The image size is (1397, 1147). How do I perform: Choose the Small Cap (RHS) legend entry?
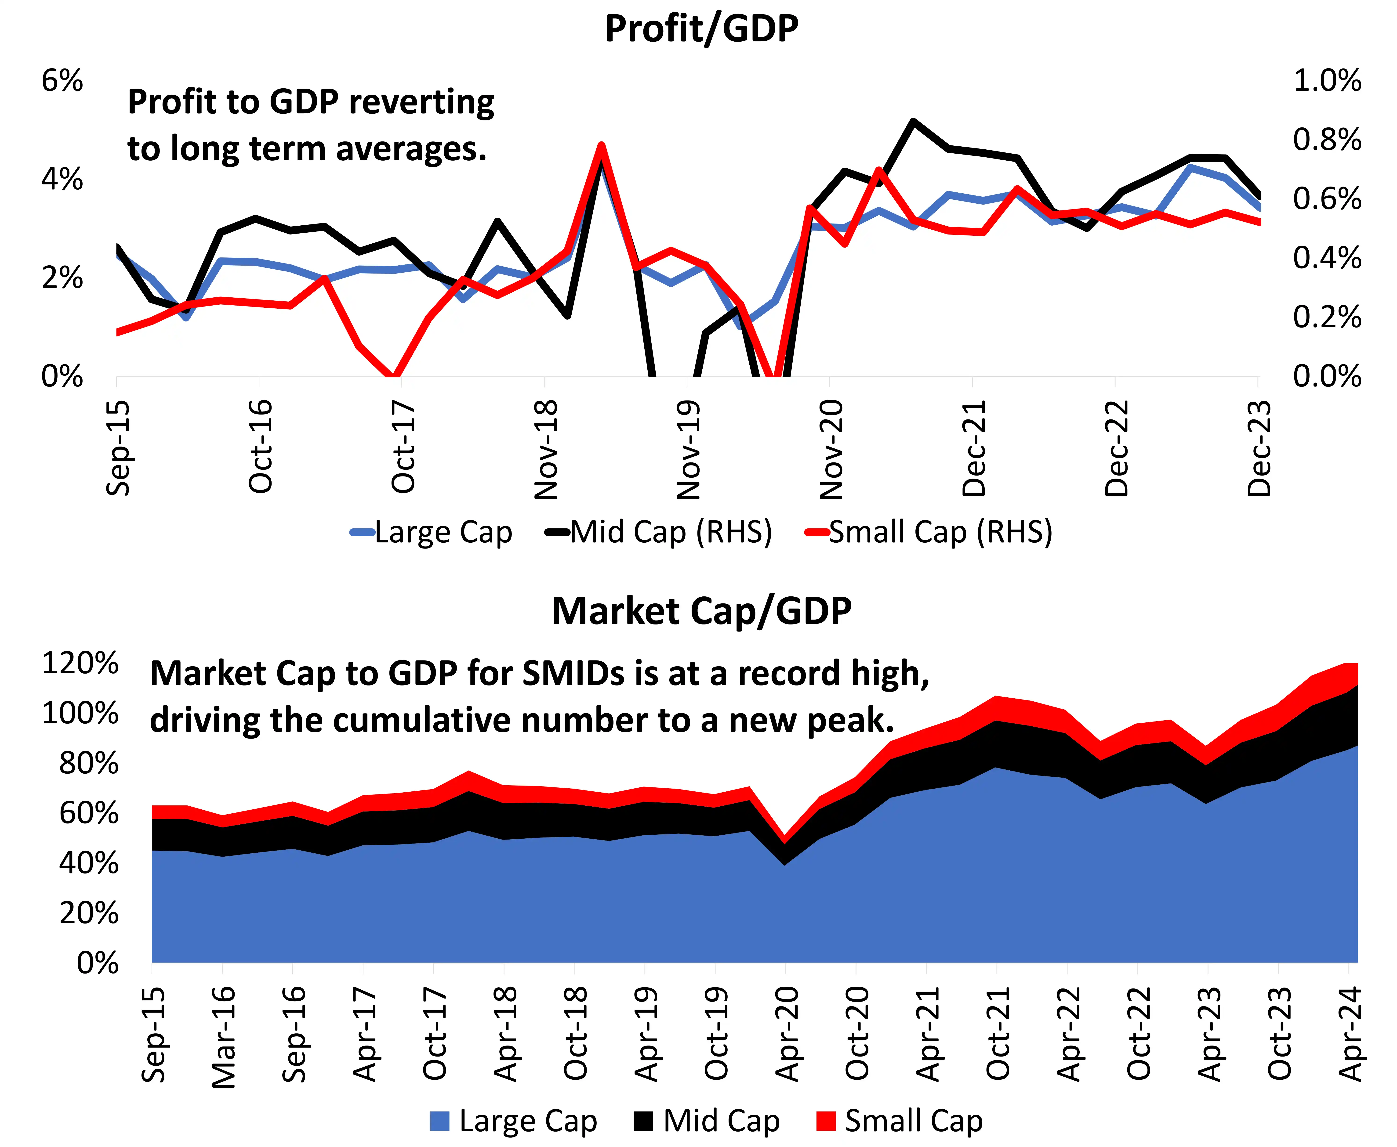tap(929, 532)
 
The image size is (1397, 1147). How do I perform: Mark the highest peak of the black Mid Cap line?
tap(913, 122)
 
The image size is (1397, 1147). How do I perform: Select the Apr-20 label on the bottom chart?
tap(786, 1034)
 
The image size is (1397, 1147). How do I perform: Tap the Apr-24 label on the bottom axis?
tap(1350, 1034)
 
